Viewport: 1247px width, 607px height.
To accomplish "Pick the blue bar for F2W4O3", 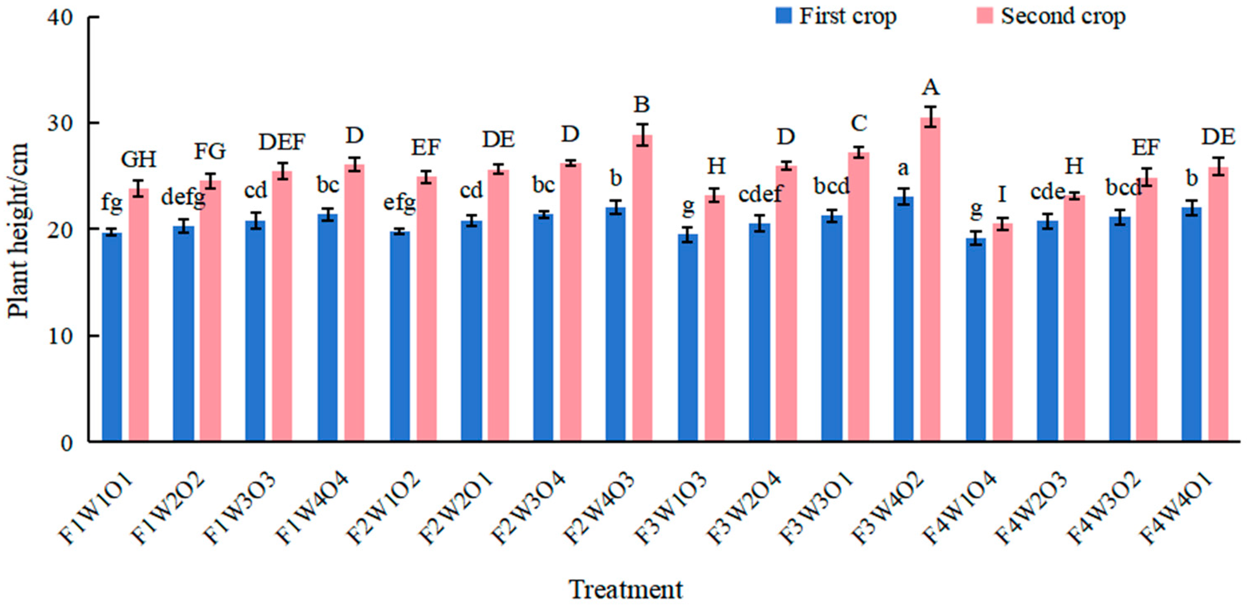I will (x=615, y=325).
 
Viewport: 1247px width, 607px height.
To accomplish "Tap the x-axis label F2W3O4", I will (x=527, y=508).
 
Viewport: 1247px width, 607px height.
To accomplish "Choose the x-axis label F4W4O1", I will (x=1176, y=508).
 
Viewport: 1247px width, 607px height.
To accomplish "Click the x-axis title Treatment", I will (x=626, y=590).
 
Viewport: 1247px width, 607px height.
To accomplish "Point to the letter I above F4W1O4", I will (x=1002, y=195).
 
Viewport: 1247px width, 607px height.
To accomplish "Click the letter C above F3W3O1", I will (x=859, y=123).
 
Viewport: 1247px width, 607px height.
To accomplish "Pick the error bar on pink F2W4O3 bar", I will (x=642, y=135).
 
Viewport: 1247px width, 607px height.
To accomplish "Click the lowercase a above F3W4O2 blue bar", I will (x=903, y=169).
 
